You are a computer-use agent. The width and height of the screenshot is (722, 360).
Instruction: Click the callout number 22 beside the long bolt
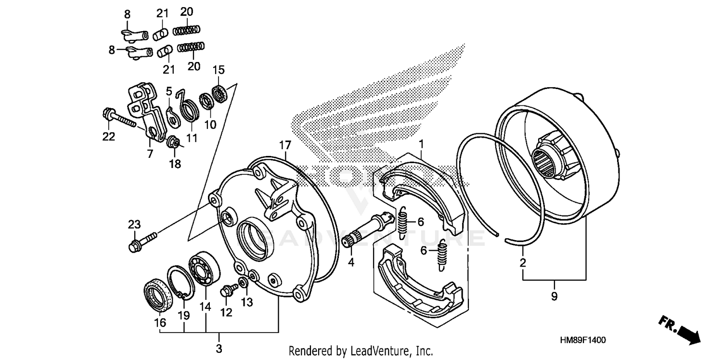coord(108,137)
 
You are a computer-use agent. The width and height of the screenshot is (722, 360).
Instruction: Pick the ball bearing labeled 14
coord(205,269)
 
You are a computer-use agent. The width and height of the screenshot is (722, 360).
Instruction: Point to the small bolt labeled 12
coord(228,290)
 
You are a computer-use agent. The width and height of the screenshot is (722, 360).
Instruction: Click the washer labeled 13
coord(244,282)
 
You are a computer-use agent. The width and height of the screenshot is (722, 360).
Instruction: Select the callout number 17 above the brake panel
coord(284,144)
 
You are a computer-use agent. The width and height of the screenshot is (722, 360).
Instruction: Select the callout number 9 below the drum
coord(554,297)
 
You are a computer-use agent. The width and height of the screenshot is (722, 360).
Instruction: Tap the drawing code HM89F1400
coord(582,340)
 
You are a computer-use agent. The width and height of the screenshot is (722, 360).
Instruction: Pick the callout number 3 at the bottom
coord(219,348)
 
